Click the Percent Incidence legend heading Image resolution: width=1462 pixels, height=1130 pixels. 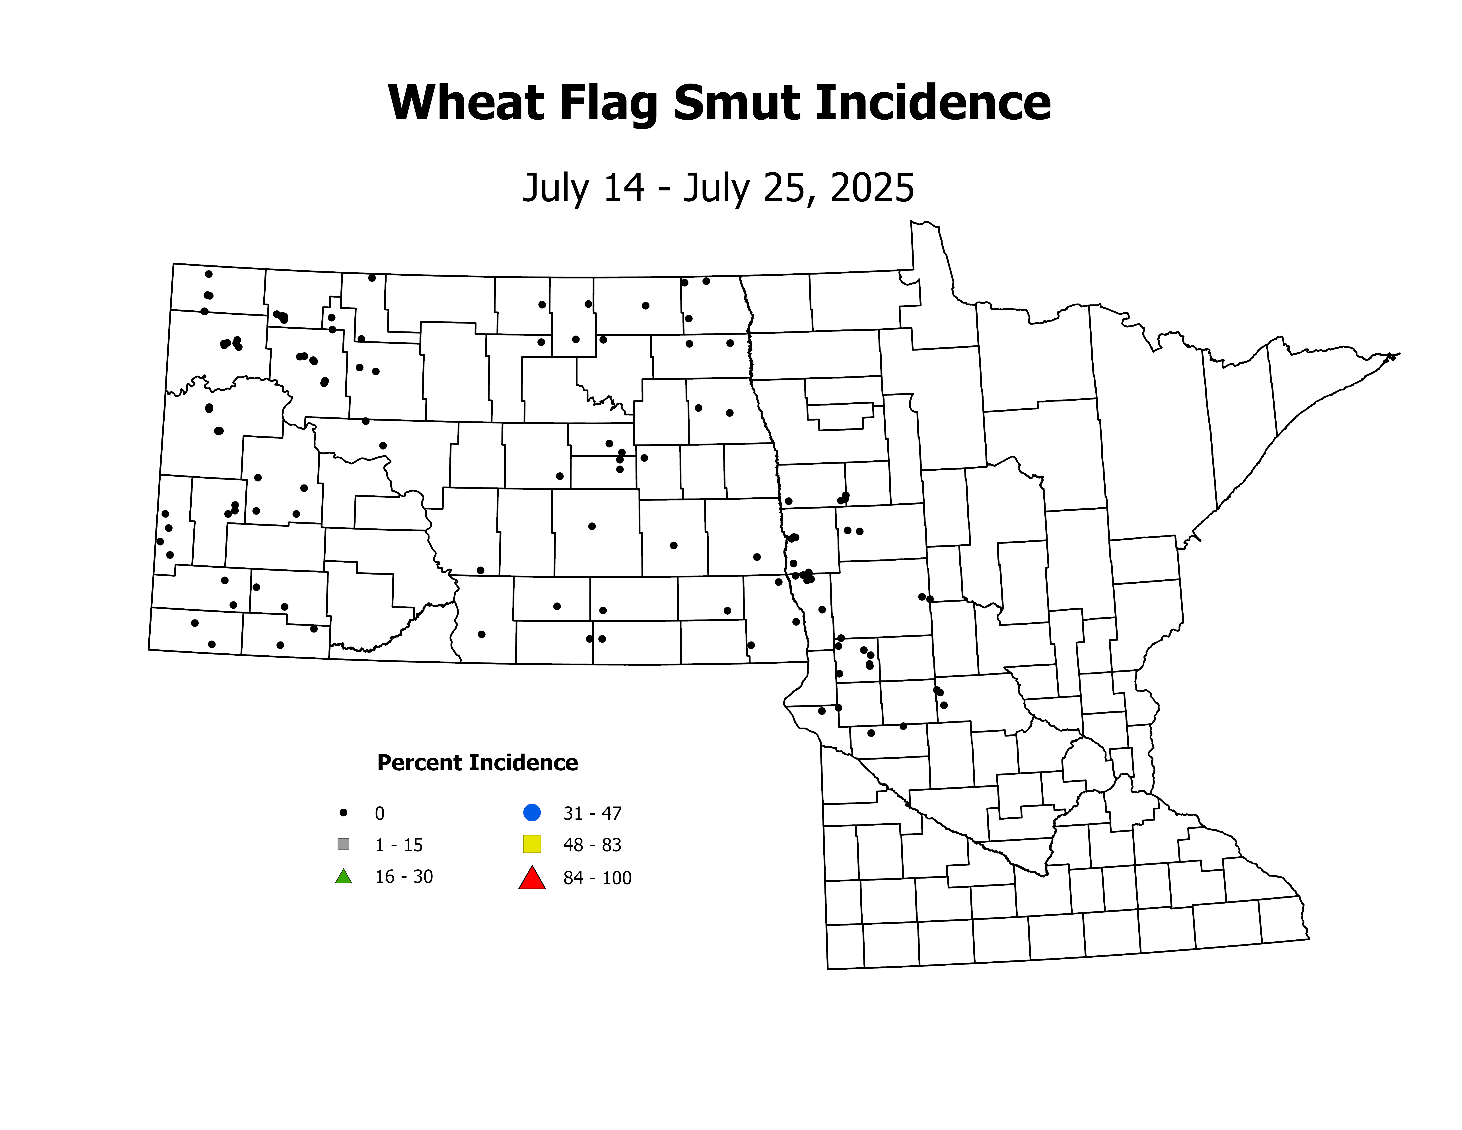[x=477, y=762]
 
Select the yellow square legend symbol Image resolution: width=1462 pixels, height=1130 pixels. [x=532, y=844]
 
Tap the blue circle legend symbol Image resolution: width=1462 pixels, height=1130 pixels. [x=532, y=813]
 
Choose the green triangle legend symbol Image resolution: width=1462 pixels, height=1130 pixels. [x=343, y=876]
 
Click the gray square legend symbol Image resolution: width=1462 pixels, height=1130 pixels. [x=343, y=844]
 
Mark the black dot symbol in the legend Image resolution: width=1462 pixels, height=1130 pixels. [x=343, y=813]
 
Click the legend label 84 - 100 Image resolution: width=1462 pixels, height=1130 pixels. [x=597, y=878]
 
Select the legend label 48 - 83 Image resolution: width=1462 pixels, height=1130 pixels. [x=592, y=845]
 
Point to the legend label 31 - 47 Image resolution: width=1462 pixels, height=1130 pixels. [x=592, y=813]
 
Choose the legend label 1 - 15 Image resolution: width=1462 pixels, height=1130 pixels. [x=399, y=845]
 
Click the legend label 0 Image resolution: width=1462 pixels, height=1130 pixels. [x=379, y=813]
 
